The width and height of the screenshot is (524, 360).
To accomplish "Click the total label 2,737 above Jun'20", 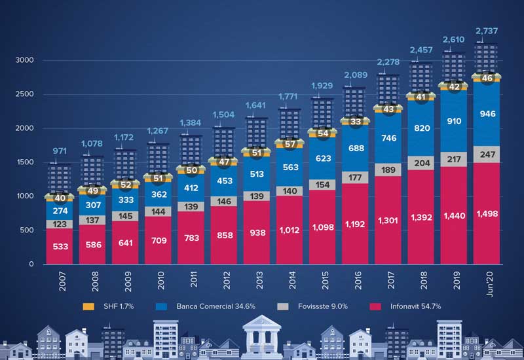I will tap(485, 31).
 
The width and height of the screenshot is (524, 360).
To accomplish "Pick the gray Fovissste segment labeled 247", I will tap(485, 154).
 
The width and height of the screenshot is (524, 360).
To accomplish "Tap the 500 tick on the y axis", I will tap(26, 230).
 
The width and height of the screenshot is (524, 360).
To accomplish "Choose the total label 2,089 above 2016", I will tap(356, 77).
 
